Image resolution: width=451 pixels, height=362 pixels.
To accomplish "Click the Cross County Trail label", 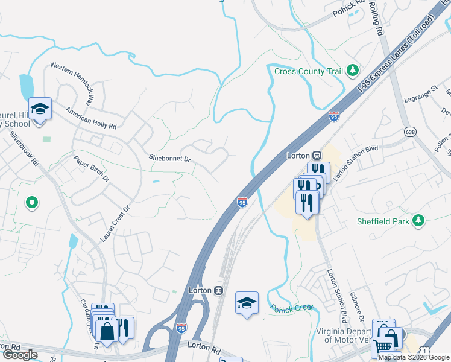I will [308, 71].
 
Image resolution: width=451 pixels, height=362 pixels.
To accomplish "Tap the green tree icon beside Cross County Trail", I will [353, 71].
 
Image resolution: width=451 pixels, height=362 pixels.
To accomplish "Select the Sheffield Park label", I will [382, 221].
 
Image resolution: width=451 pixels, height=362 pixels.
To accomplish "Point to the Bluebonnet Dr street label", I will [169, 159].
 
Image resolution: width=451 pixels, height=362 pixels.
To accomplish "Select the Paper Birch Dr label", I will [92, 170].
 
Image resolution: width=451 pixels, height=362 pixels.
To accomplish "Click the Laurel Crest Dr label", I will [115, 224].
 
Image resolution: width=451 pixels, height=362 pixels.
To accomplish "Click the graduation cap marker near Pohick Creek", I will [247, 303].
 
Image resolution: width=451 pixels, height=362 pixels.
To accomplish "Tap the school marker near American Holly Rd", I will [40, 109].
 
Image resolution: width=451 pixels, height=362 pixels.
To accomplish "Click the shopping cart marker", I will [383, 346].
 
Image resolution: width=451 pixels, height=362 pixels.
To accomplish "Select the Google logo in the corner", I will [20, 355].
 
